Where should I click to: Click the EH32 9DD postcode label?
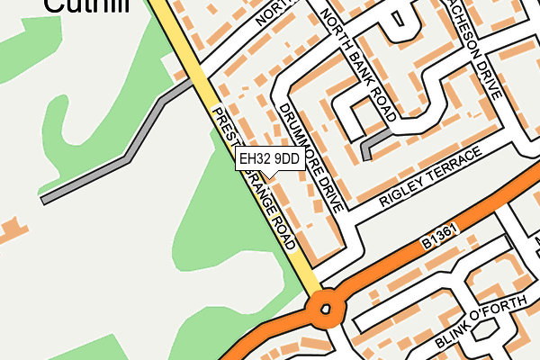[269, 159]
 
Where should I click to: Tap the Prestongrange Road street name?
[255, 178]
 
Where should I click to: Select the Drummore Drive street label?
[310, 156]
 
